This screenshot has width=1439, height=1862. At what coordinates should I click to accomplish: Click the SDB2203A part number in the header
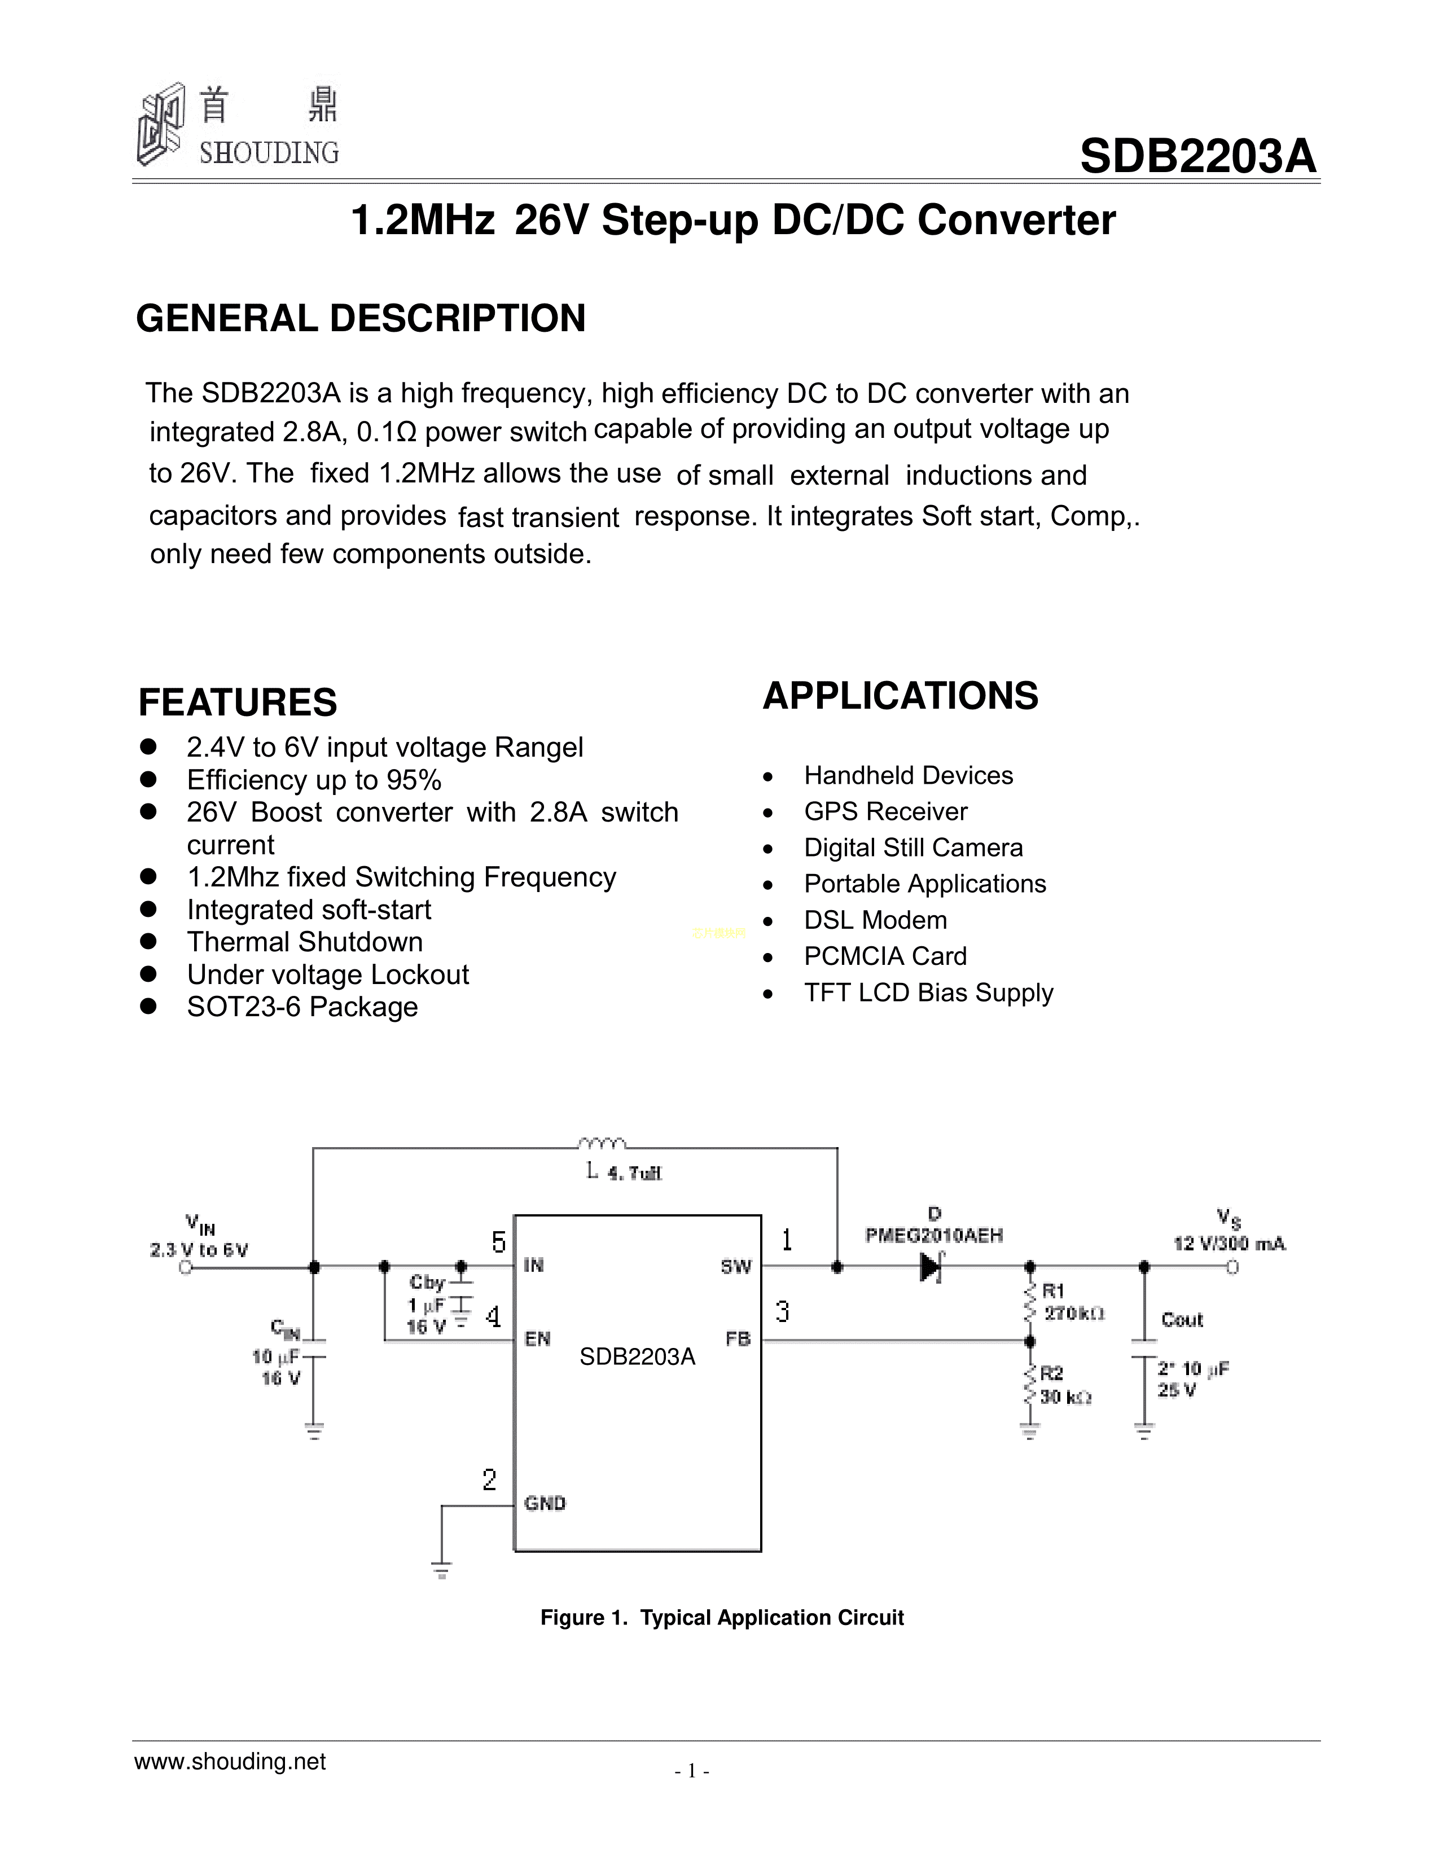click(1197, 157)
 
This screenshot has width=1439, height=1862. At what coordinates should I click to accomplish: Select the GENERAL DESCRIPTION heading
click(361, 319)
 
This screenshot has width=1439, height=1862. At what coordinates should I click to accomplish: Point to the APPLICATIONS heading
click(900, 696)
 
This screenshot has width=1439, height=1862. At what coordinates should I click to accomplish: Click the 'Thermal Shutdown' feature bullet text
click(304, 942)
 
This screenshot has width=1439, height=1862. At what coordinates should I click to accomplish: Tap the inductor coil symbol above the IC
click(602, 1143)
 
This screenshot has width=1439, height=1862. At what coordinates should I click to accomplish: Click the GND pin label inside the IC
click(545, 1503)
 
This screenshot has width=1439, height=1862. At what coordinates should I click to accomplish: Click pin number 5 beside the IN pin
click(499, 1242)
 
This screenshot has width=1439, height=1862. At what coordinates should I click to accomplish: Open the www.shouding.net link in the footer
click(230, 1762)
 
